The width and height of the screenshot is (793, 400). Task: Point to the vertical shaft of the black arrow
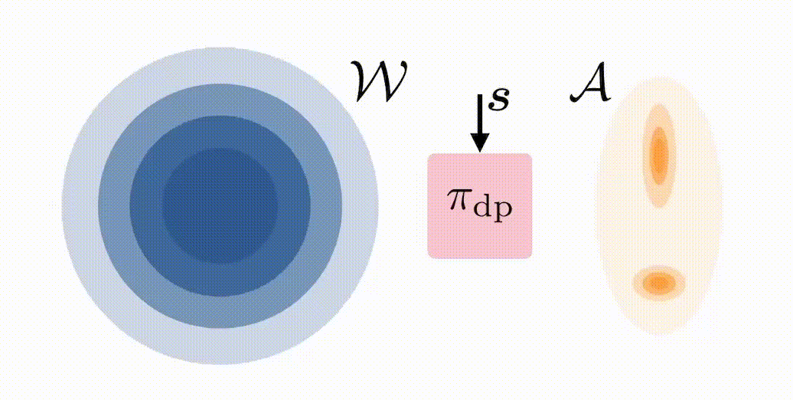click(x=479, y=115)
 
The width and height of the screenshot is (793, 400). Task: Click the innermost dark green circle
click(x=220, y=206)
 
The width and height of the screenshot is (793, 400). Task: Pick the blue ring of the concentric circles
click(x=115, y=206)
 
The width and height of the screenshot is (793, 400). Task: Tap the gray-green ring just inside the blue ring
click(x=145, y=206)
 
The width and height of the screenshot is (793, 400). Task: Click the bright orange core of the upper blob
click(x=658, y=149)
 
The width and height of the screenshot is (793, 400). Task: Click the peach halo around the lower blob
click(x=638, y=284)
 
